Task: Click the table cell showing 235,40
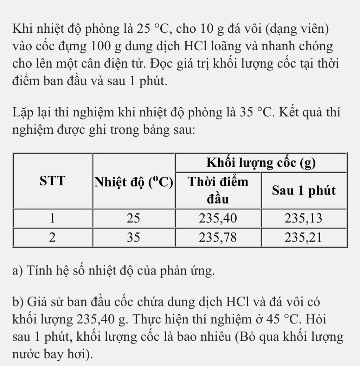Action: pyautogui.click(x=218, y=219)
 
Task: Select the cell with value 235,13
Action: pyautogui.click(x=303, y=219)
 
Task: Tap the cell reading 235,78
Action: pyautogui.click(x=218, y=238)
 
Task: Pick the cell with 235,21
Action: pyautogui.click(x=303, y=238)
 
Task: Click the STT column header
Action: pyautogui.click(x=52, y=181)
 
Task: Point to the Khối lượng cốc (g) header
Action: pyautogui.click(x=261, y=163)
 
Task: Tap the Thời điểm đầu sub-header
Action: pyautogui.click(x=218, y=190)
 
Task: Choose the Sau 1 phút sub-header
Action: pyautogui.click(x=304, y=190)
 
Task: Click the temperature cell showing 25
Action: pyautogui.click(x=134, y=219)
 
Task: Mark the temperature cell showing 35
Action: pyautogui.click(x=134, y=238)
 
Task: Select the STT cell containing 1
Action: pyautogui.click(x=52, y=219)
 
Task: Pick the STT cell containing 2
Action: pyautogui.click(x=52, y=238)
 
